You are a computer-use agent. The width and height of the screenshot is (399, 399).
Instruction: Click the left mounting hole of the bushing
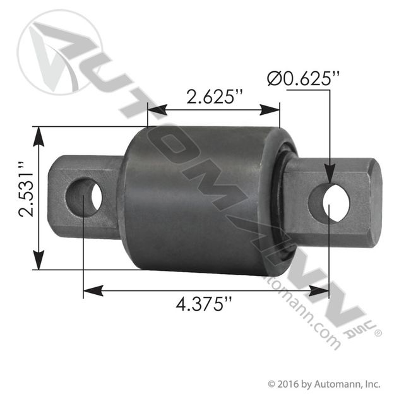pos(88,196)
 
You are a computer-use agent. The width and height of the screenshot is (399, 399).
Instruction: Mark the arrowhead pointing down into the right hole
pos(329,180)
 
